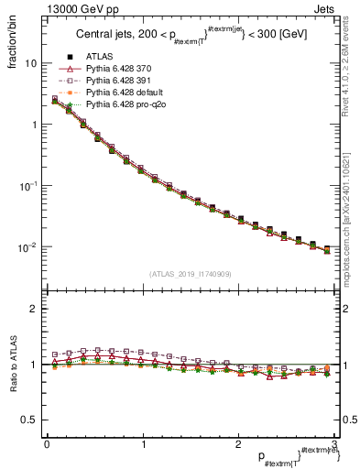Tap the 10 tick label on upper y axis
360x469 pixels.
pos(31,64)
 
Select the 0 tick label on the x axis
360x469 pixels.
pos(46,443)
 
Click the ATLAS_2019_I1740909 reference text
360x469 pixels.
pos(189,273)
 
